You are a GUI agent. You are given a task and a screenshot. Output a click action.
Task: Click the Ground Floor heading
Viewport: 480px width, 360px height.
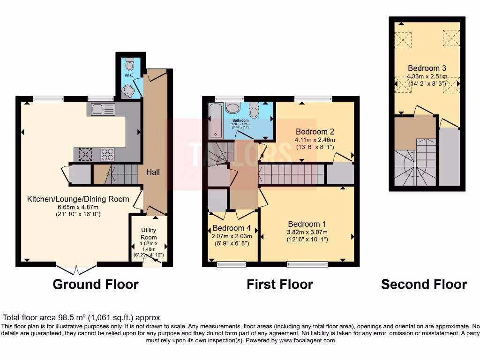[96, 285]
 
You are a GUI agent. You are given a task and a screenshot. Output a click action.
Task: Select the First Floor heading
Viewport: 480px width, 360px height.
[280, 285]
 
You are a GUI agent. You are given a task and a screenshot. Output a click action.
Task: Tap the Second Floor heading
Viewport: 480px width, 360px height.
[424, 285]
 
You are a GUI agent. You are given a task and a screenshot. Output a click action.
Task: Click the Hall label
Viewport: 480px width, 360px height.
[153, 172]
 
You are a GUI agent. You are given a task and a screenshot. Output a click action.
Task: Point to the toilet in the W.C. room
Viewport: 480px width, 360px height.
[129, 65]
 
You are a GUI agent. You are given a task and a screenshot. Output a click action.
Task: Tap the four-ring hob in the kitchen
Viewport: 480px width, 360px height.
[107, 154]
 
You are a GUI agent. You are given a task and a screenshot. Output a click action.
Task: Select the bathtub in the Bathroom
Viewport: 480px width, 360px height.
[216, 121]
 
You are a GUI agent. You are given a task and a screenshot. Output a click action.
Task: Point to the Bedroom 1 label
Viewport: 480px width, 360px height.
[307, 224]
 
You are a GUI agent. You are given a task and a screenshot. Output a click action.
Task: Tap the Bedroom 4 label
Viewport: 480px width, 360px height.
[232, 228]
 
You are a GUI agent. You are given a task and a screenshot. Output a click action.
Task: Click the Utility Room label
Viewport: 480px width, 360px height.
[149, 234]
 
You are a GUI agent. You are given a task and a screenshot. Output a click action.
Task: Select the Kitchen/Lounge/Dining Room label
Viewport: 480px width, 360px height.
[78, 199]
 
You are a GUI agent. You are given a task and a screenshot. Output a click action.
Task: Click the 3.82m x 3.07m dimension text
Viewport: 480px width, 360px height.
[307, 232]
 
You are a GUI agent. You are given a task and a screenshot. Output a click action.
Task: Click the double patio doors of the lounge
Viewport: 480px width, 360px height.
[76, 270]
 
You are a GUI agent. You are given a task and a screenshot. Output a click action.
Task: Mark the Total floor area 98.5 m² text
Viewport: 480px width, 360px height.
[82, 317]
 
